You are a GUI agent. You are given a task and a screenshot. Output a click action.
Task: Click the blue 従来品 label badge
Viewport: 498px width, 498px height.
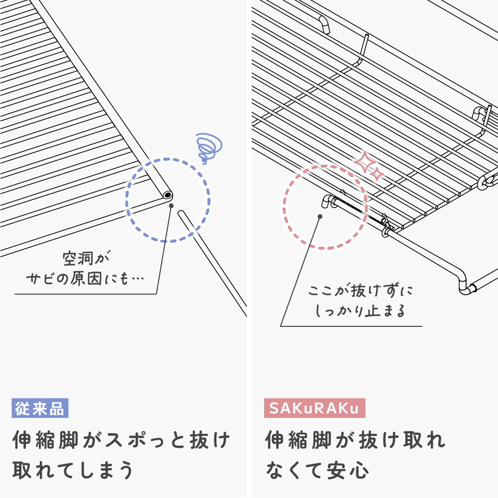pos(40,408)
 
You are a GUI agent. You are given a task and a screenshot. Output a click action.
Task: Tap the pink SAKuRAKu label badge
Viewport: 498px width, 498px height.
pos(314,408)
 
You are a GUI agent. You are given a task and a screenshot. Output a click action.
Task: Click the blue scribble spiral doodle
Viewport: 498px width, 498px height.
pos(208,147)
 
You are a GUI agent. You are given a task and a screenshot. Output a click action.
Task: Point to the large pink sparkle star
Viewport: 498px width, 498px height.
pos(365,162)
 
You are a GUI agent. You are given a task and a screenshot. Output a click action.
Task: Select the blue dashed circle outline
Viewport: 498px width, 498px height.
pos(126,200)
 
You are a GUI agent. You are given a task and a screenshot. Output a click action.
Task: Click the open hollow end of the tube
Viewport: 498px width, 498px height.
pos(167,195)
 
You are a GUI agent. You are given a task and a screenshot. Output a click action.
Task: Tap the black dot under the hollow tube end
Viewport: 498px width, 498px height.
pos(171,206)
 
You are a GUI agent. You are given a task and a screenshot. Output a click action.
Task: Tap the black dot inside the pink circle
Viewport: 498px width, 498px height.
pos(320,216)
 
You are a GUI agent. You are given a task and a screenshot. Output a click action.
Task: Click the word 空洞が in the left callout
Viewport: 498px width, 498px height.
pos(86,259)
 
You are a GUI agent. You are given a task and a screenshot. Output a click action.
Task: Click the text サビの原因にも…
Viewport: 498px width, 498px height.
pos(85,279)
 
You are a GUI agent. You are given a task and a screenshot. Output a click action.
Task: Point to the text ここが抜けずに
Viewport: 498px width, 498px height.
pos(361,291)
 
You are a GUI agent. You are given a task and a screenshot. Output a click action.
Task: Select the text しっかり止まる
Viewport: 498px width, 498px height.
pos(360,310)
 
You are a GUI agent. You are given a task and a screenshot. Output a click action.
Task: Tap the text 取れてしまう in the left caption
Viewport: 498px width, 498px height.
pos(73,470)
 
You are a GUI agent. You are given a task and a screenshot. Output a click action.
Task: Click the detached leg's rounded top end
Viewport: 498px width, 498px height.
pos(182,212)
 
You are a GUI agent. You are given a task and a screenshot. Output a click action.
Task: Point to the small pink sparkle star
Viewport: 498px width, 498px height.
pos(377,174)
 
